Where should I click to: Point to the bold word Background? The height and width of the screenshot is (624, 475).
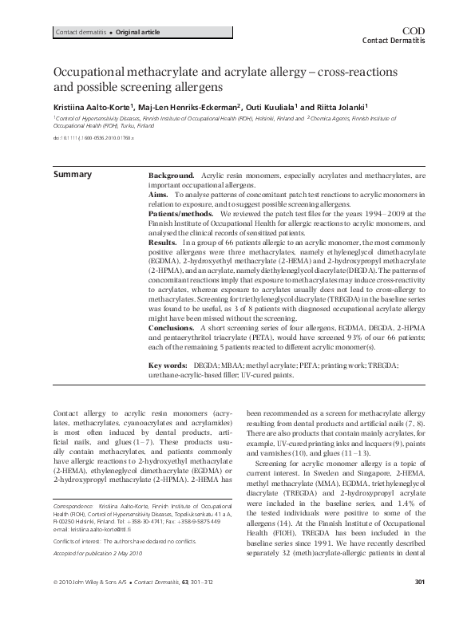click(172, 174)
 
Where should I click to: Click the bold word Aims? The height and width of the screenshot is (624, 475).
click(160, 194)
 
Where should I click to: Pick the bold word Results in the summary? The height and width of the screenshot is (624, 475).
click(164, 240)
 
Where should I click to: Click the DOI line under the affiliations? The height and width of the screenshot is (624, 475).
click(93, 138)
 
